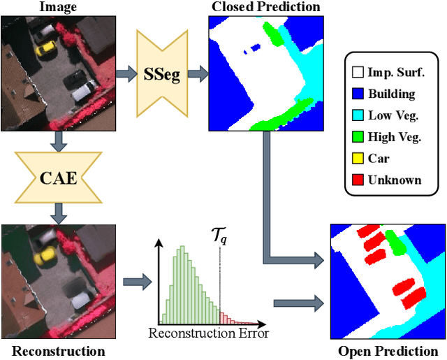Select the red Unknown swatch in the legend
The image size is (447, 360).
357,180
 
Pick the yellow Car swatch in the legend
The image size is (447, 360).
357,159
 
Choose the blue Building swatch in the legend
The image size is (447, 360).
357,94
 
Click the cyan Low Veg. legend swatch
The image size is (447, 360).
357,115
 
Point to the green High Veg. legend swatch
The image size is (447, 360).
357,137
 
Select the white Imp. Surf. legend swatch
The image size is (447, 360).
357,72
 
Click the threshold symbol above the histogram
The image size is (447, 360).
219,238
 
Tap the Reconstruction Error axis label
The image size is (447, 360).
208,333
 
